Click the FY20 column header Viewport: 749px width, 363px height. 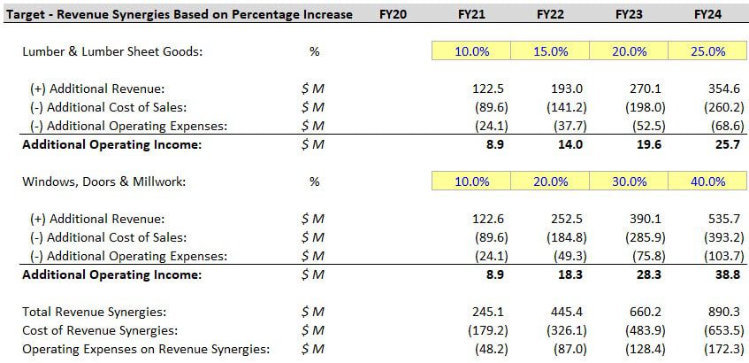(x=392, y=14)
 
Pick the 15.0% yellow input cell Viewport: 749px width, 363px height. (x=550, y=51)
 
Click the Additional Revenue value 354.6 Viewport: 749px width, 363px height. (x=713, y=89)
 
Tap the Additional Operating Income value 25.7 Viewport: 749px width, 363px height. (x=717, y=144)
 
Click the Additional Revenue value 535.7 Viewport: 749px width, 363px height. (x=713, y=219)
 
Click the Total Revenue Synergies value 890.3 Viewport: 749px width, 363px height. (x=713, y=312)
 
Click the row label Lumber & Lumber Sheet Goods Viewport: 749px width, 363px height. (x=112, y=51)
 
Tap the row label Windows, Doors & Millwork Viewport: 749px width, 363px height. (x=104, y=181)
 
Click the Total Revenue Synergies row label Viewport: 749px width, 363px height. (x=95, y=312)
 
